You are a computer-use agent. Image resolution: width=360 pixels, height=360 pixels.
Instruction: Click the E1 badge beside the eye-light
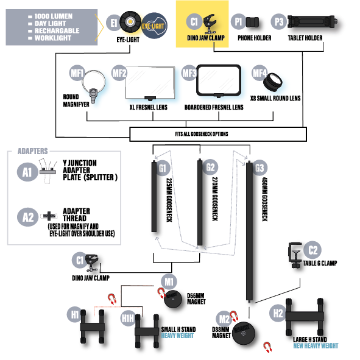pos(114,23)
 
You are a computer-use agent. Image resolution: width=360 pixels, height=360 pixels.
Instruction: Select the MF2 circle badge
pos(119,73)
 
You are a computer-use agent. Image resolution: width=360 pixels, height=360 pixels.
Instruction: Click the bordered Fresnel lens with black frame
pos(219,81)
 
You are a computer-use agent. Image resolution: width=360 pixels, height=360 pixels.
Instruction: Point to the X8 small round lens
pos(273,82)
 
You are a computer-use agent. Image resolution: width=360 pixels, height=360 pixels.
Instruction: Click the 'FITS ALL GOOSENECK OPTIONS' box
pos(218,134)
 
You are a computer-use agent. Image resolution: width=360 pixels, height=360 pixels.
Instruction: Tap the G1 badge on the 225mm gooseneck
pos(163,168)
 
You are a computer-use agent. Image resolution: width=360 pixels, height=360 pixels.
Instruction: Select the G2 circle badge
pos(210,167)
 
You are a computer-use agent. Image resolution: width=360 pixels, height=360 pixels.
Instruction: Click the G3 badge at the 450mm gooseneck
pos(259,168)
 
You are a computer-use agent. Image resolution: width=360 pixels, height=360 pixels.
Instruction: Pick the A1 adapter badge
pos(27,172)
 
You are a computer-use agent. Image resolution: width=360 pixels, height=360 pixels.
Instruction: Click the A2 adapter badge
pos(27,217)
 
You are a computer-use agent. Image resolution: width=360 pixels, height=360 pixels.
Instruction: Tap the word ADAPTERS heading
pos(33,151)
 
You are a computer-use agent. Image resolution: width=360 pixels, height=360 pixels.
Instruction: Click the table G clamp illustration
pos(295,255)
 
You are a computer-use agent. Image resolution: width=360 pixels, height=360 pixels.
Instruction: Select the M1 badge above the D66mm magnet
pos(169,281)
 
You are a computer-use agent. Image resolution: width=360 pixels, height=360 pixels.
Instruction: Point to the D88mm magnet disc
pos(244,333)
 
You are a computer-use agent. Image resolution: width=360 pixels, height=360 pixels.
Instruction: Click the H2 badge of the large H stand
pos(278,313)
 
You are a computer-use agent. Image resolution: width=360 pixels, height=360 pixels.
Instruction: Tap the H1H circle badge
pos(128,318)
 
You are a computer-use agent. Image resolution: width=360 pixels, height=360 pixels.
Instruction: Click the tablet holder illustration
pos(312,22)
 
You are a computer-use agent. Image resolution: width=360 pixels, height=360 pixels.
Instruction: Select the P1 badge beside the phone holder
pos(238,21)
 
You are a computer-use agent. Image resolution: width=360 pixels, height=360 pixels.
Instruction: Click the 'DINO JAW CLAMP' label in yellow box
pos(206,38)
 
